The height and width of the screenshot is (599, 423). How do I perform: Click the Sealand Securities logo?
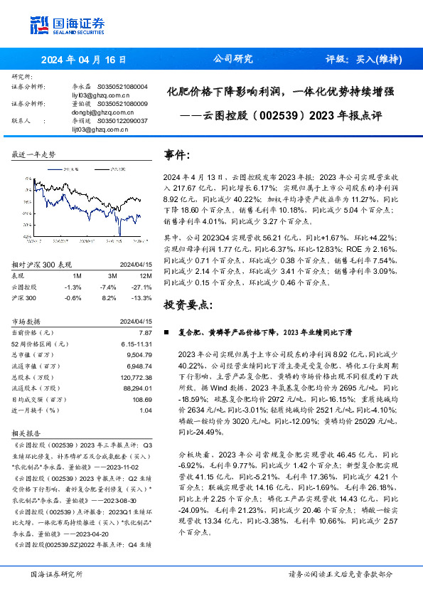(x=67, y=25)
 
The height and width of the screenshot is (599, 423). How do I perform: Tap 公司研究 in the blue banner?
(x=232, y=60)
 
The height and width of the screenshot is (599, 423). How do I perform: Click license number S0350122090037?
(x=122, y=121)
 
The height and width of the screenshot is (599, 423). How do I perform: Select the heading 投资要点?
(x=188, y=304)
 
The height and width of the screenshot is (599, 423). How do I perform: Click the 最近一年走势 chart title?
(x=33, y=154)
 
